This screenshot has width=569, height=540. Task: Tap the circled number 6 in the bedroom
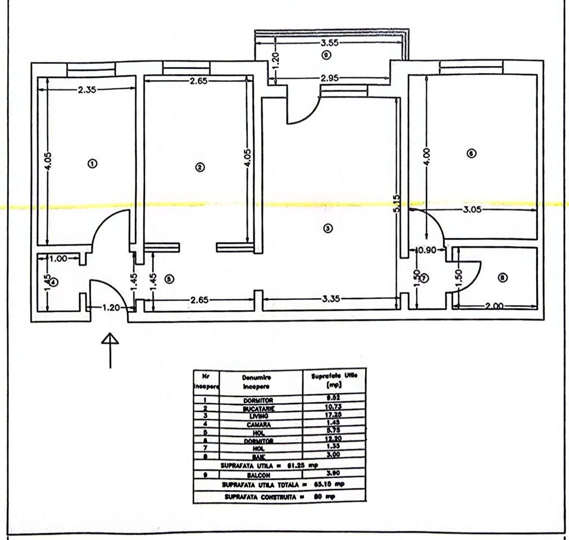pos(470,153)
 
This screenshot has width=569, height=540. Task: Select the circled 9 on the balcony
pos(325,55)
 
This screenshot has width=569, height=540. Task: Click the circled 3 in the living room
pos(327,228)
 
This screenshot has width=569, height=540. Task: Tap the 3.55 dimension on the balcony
pos(330,43)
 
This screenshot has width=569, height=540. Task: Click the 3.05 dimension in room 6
pos(472,210)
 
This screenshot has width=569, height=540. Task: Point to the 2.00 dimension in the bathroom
pos(494,306)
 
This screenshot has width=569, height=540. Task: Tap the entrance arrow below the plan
pos(110,350)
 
